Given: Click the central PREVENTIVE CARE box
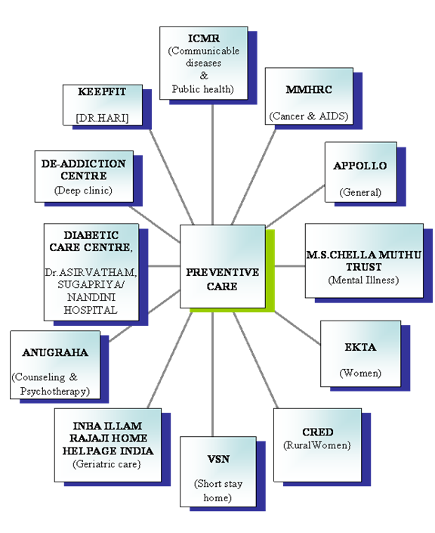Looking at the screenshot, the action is [223, 266].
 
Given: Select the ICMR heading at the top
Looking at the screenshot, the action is [204, 38].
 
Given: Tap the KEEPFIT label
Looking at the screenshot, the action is [102, 91].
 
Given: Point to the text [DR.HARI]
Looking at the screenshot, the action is [102, 118].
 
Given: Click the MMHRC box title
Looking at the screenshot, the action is [309, 89].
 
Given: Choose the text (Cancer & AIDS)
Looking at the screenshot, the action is [309, 116].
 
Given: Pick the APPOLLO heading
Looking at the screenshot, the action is [360, 166].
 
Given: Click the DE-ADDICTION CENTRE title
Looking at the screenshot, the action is [84, 169].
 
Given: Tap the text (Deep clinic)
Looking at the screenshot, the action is [83, 190].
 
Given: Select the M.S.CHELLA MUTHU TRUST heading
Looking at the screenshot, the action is [364, 261].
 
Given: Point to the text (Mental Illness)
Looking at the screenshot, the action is [363, 280].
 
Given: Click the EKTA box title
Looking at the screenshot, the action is [360, 347].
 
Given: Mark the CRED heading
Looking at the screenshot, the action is [317, 432].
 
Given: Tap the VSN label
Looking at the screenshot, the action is [218, 459].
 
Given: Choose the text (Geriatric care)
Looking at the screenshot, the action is [106, 464].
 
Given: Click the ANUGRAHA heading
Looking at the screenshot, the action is [55, 352].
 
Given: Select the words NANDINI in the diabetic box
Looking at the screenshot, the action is [91, 297].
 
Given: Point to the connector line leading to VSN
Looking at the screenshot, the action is [212, 374].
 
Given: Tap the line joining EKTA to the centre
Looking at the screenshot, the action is [298, 328].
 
